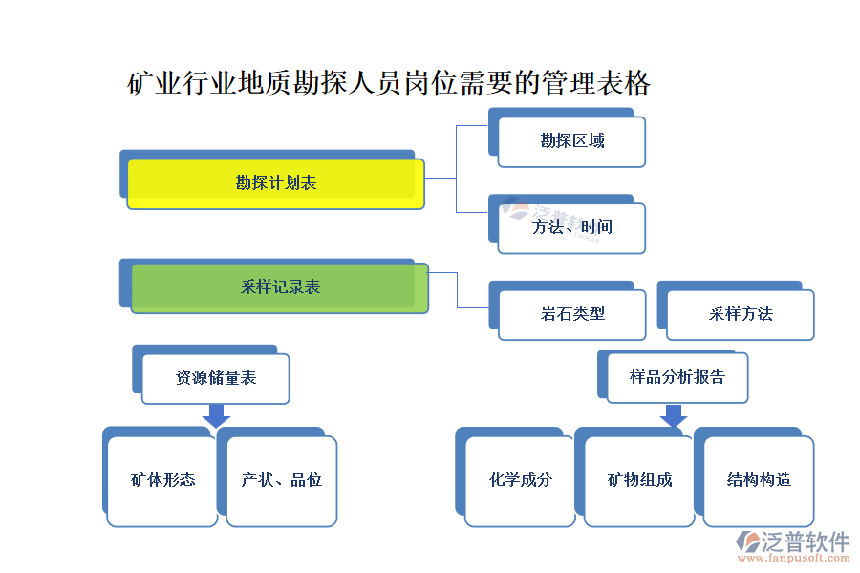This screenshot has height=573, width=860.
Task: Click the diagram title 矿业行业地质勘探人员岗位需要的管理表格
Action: pos(389,84)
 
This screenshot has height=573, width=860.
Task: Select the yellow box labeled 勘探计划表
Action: pos(276,183)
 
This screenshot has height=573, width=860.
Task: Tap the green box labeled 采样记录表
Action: pos(279,287)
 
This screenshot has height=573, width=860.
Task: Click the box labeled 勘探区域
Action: pos(571,141)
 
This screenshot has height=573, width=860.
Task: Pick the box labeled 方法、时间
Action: pos(571,227)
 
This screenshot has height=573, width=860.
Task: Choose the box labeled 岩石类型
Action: pos(571,314)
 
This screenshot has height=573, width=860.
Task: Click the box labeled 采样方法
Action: pos(741,314)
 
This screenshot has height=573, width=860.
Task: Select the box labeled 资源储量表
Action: pos(215,378)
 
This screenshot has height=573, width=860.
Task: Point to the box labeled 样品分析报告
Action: pos(677,377)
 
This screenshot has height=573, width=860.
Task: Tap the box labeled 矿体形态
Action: pos(161,480)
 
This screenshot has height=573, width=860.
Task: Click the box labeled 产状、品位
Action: pos(281,480)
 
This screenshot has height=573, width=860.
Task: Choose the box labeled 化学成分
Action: pos(520,480)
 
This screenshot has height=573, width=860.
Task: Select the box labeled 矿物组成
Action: pos(639,480)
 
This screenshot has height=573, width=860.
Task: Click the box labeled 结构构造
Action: pos(758,480)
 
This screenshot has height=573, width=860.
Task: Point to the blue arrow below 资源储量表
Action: pos(217,416)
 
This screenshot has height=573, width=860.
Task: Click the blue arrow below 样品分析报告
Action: pos(674,416)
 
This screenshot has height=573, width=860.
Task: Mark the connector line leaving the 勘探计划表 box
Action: pos(441,178)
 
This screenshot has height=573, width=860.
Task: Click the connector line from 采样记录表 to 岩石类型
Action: pos(458,290)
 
